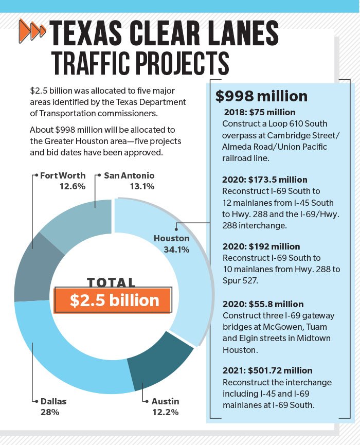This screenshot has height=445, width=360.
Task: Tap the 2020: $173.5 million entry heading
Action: (264, 180)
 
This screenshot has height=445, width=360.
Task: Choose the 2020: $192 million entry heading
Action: (261, 246)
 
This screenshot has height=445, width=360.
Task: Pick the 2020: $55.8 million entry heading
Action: (263, 304)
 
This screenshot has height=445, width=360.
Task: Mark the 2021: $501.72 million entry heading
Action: (267, 370)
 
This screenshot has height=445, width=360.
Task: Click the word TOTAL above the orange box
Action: (112, 282)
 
